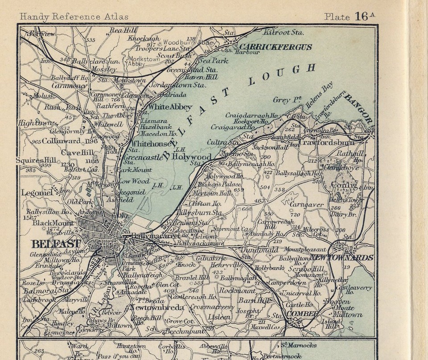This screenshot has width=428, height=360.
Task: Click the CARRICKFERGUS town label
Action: tap(275, 46)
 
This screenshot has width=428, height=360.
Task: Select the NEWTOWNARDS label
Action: tap(348, 257)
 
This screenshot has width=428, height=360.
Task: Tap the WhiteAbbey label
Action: tap(170, 107)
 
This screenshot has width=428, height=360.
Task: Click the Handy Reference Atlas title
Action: tap(74, 17)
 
